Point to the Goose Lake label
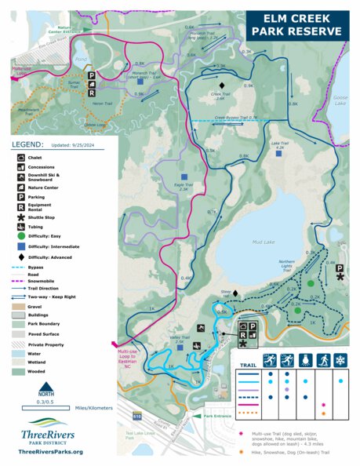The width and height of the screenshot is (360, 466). click(x=342, y=98)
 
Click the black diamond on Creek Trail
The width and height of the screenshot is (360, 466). click(x=222, y=84)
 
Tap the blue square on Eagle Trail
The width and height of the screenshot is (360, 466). click(x=183, y=177)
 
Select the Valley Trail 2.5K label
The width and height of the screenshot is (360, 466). click(x=179, y=341)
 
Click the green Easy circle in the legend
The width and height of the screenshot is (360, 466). click(x=19, y=235)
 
